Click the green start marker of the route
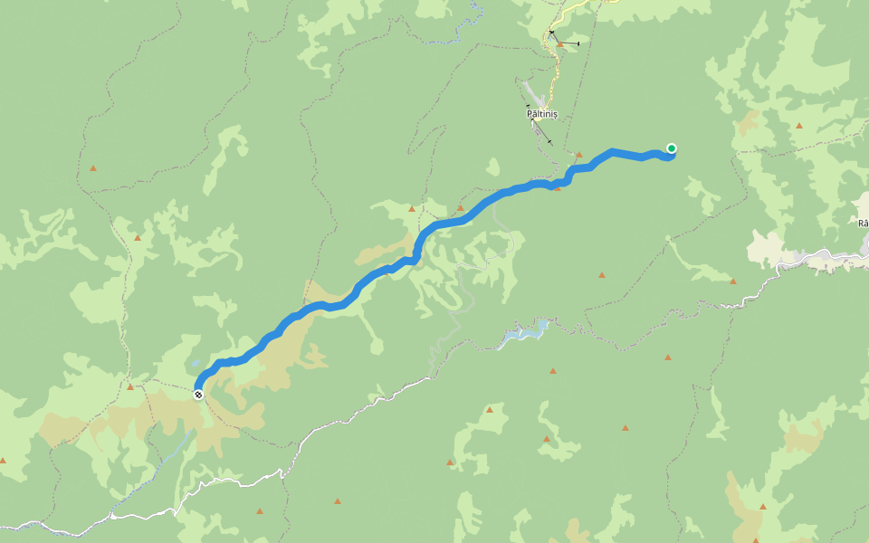click(x=672, y=148)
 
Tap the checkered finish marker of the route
click(x=198, y=395)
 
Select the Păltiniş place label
click(x=542, y=114)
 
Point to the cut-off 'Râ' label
click(x=863, y=223)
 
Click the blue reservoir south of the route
click(x=523, y=336)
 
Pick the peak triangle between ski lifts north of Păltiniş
click(x=559, y=43)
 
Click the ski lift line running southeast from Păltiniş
click(x=541, y=133)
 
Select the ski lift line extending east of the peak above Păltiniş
click(x=570, y=43)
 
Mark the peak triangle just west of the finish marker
click(x=129, y=387)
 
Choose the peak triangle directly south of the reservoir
click(x=552, y=370)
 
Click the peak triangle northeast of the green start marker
click(x=798, y=126)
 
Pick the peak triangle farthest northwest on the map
click(x=92, y=168)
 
